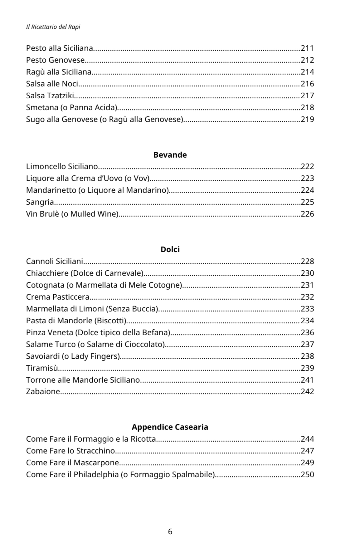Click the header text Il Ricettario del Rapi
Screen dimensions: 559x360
[x=53, y=27]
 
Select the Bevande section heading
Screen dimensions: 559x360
[x=170, y=155]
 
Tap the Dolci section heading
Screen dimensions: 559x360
[x=170, y=249]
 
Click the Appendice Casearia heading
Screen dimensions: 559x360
[x=170, y=427]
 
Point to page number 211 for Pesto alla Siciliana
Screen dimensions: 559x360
[x=307, y=48]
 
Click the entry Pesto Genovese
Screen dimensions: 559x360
[x=55, y=60]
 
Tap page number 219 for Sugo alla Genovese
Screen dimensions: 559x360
[x=307, y=119]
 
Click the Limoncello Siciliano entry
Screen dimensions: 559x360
[x=62, y=167]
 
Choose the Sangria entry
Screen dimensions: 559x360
[x=40, y=202]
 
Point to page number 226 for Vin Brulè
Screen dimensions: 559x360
[x=307, y=214]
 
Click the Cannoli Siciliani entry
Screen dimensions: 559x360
[x=54, y=262]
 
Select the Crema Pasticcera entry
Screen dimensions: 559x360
[x=58, y=297]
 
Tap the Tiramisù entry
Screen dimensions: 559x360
[x=42, y=368]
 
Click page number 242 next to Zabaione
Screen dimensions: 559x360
[x=307, y=391]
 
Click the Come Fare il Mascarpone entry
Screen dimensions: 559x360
[x=72, y=463]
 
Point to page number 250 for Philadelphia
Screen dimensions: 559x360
[x=307, y=474]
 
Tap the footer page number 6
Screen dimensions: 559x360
[x=170, y=532]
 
